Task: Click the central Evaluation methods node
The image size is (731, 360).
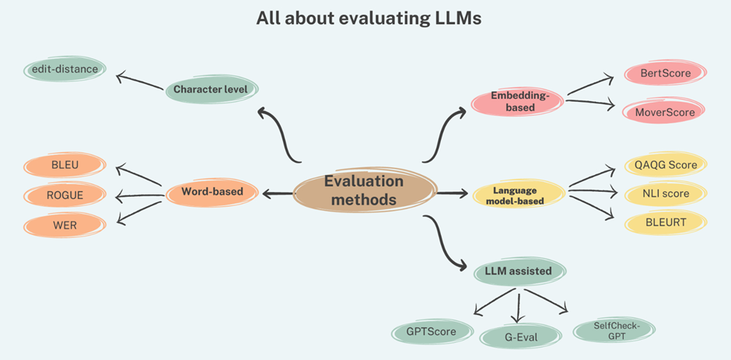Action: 364,190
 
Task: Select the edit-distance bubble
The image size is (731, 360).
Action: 65,69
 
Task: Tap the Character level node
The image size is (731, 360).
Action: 210,89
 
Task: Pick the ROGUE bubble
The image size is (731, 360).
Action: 64,195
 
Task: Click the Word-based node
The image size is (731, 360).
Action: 212,191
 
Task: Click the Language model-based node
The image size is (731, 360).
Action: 517,195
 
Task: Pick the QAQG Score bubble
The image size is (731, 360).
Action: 666,166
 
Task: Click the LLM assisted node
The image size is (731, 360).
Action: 519,271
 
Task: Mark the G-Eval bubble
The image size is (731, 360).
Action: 519,337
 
